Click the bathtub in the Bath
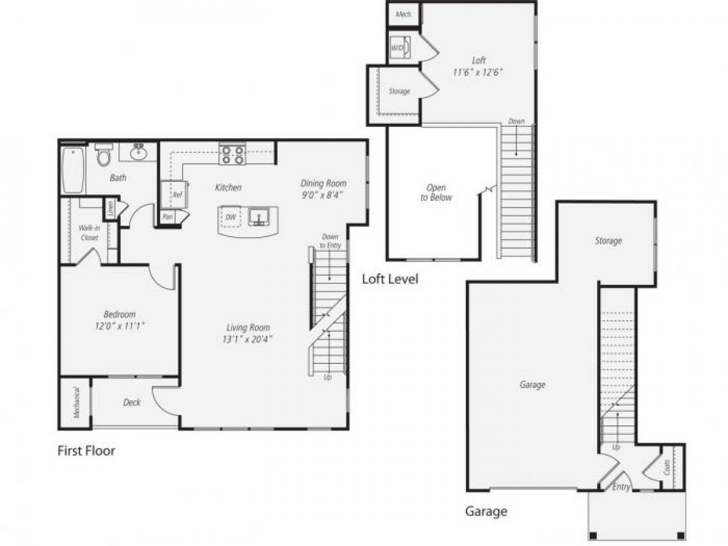point(73,170)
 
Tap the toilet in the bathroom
point(104,155)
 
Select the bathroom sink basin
point(138,152)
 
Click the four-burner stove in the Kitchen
point(232,155)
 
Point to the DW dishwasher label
point(231,217)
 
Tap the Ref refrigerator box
point(174,194)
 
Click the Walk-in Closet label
point(89,232)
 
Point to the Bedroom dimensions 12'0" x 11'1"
point(120,325)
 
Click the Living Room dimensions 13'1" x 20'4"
point(247,339)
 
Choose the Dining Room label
point(324,183)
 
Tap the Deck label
point(132,402)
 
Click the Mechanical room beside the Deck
point(76,403)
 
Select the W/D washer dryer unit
point(400,47)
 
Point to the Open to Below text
point(436,192)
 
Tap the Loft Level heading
point(390,279)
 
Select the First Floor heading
point(86,451)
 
